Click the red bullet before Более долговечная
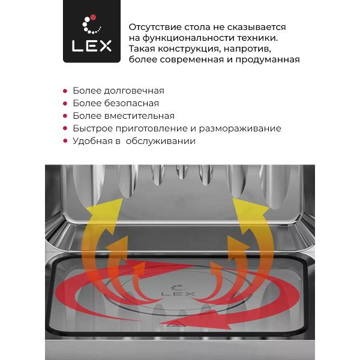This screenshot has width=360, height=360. pos(65,91)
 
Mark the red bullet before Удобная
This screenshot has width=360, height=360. pos(65,142)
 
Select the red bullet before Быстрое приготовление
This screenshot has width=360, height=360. pos(65,129)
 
